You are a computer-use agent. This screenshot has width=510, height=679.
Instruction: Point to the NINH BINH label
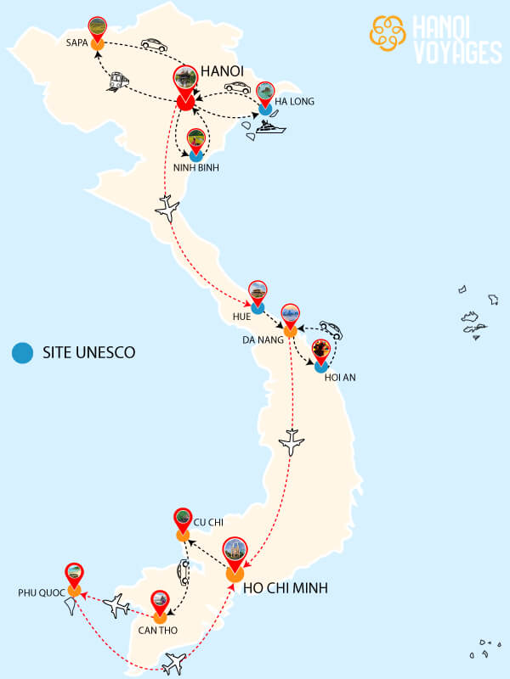click(196, 168)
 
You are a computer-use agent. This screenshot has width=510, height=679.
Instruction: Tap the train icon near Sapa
click(118, 80)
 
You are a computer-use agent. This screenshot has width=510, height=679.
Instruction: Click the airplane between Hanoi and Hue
click(167, 208)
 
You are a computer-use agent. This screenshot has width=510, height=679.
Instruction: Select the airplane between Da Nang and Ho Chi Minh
click(292, 441)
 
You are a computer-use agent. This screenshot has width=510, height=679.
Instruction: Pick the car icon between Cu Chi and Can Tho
click(184, 571)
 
